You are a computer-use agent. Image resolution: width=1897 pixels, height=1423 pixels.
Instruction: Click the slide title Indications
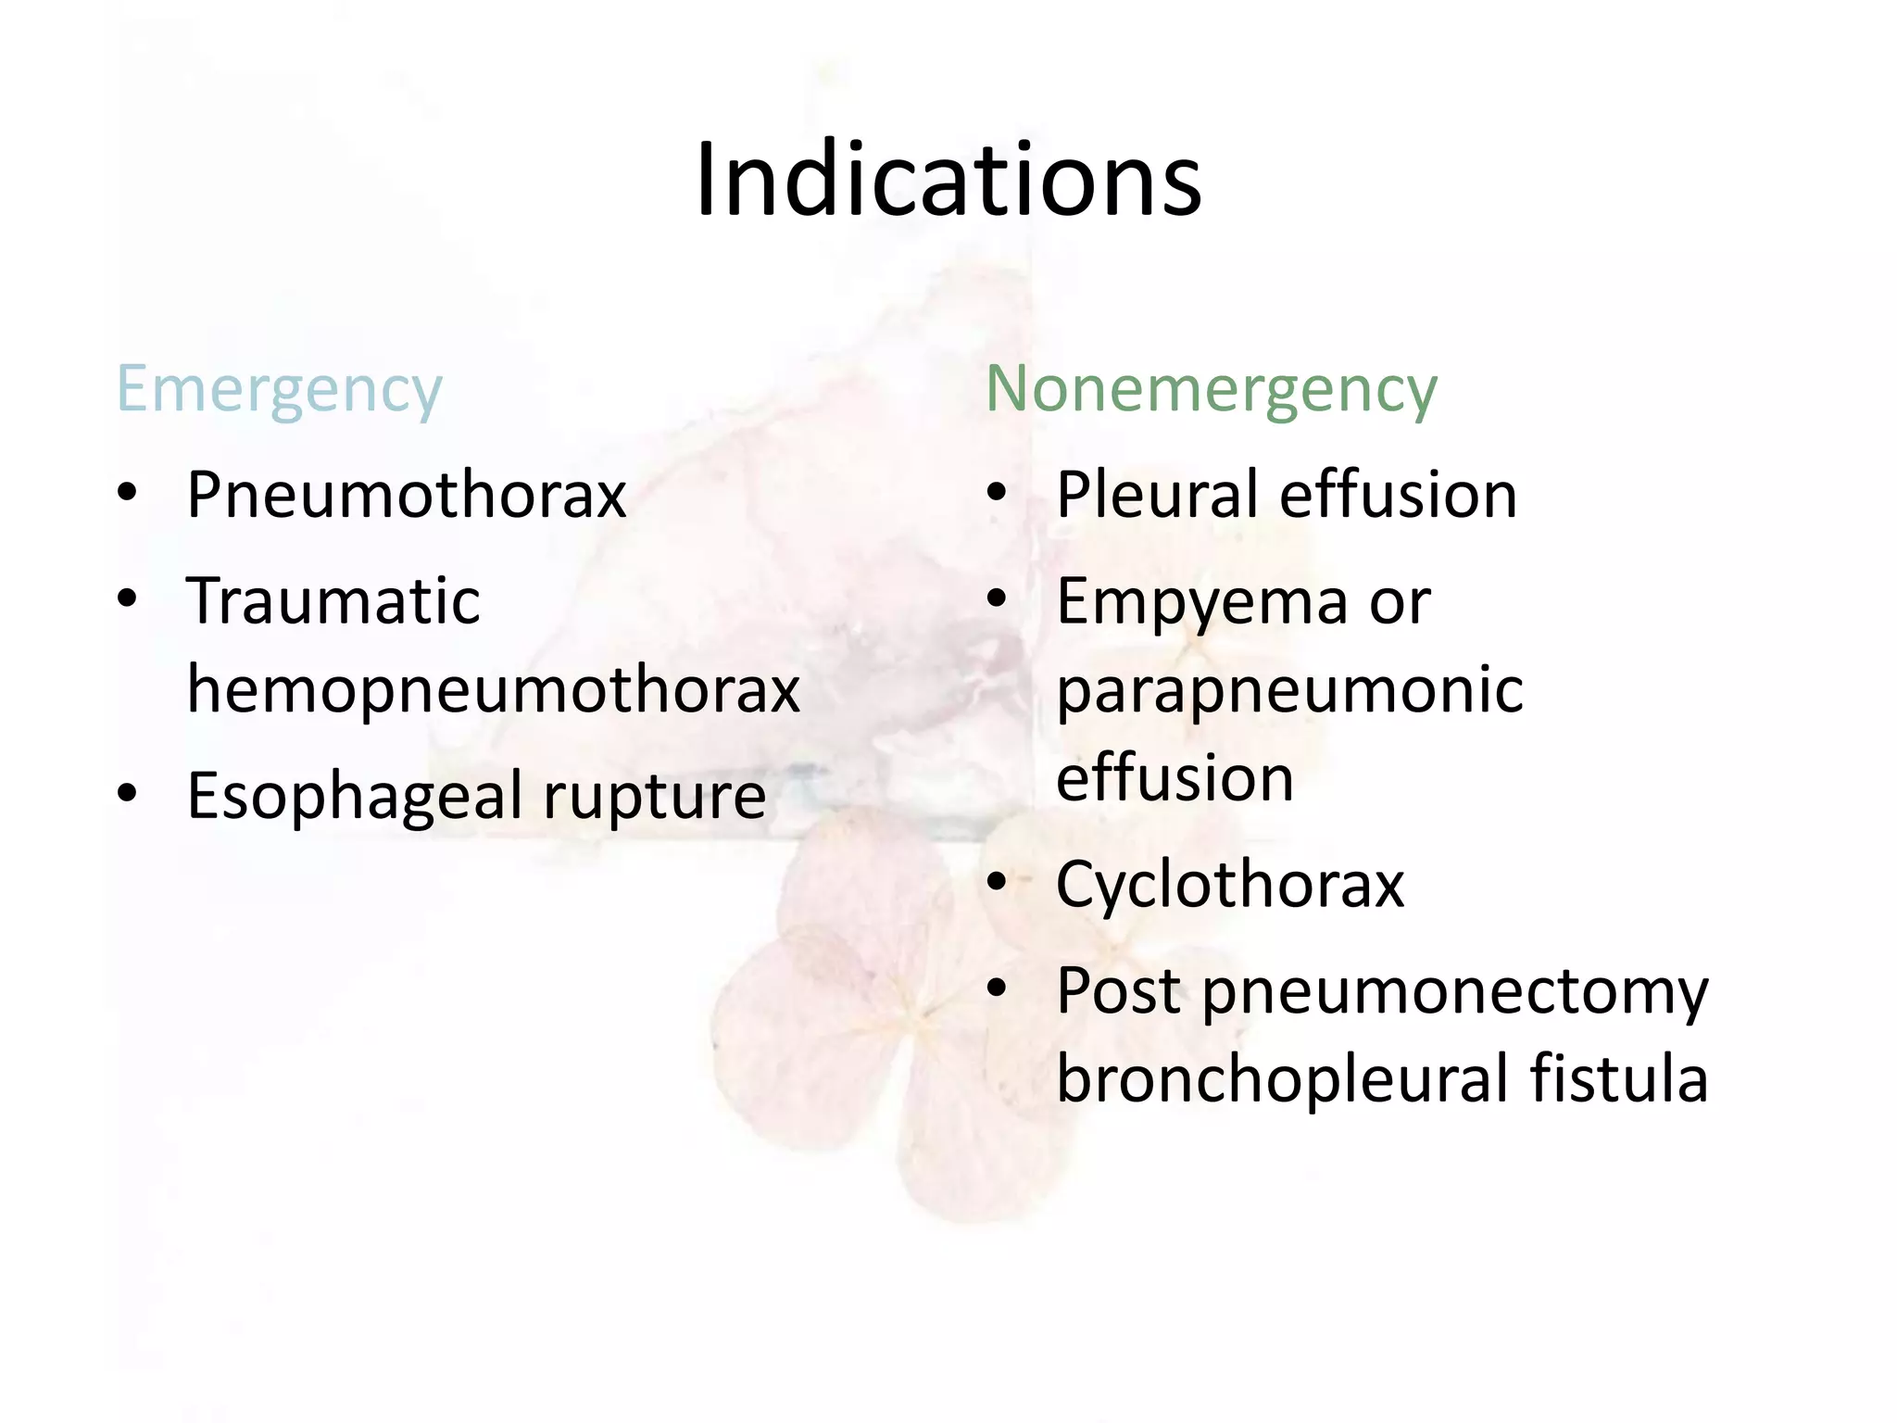(x=948, y=180)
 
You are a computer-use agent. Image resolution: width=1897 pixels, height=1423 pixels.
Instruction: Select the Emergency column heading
(x=279, y=389)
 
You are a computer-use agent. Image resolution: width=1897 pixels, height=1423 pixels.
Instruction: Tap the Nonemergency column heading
(x=1211, y=389)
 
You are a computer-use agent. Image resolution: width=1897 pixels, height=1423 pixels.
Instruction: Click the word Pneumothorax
(x=407, y=495)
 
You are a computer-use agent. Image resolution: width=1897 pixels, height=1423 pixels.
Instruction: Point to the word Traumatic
(x=333, y=601)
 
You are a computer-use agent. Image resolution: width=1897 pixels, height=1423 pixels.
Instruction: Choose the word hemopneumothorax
(x=494, y=689)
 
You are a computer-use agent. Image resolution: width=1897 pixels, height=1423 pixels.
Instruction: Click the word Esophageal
(x=356, y=797)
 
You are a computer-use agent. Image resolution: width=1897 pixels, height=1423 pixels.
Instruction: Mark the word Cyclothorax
(x=1230, y=885)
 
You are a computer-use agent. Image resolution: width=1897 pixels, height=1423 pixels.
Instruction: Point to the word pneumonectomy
(x=1455, y=992)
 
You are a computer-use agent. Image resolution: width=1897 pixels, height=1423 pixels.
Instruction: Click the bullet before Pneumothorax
(x=128, y=493)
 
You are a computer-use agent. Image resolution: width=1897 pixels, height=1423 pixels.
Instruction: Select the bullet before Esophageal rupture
(x=128, y=793)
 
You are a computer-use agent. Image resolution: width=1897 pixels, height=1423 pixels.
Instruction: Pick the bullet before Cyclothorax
(x=997, y=882)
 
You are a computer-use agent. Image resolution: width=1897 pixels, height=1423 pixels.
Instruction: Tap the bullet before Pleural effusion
(x=997, y=493)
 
